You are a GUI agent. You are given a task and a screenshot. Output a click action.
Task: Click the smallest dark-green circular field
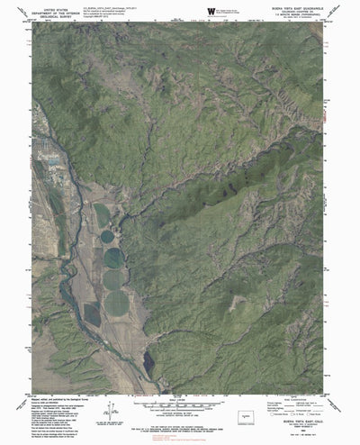point(109,238)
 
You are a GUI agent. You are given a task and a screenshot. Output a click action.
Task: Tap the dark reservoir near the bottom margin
point(147,362)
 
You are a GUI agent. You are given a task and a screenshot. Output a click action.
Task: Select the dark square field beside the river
point(92,313)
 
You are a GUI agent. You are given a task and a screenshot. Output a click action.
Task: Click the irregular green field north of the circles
point(103,214)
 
